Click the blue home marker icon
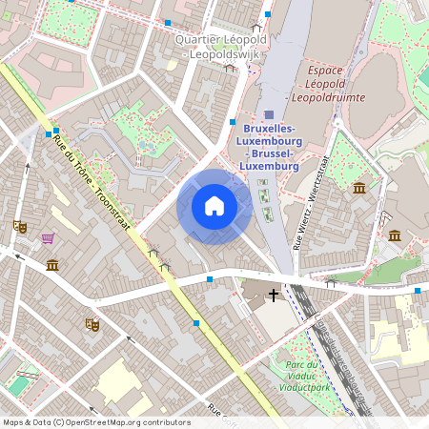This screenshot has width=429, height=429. (x=214, y=206)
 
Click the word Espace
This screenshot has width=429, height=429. (x=325, y=71)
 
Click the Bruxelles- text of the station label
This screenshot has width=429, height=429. (x=270, y=128)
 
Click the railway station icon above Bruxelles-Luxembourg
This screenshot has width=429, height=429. (x=269, y=113)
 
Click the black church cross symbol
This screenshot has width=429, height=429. (x=275, y=295)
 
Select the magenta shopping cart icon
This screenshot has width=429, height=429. (x=47, y=237)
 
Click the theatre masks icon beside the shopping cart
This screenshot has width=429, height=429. (x=19, y=226)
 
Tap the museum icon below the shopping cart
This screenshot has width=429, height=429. (x=51, y=264)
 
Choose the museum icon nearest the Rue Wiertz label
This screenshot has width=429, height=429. (x=359, y=188)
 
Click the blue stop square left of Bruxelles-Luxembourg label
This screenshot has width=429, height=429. (x=233, y=122)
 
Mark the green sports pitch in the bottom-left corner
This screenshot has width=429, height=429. (x=20, y=384)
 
